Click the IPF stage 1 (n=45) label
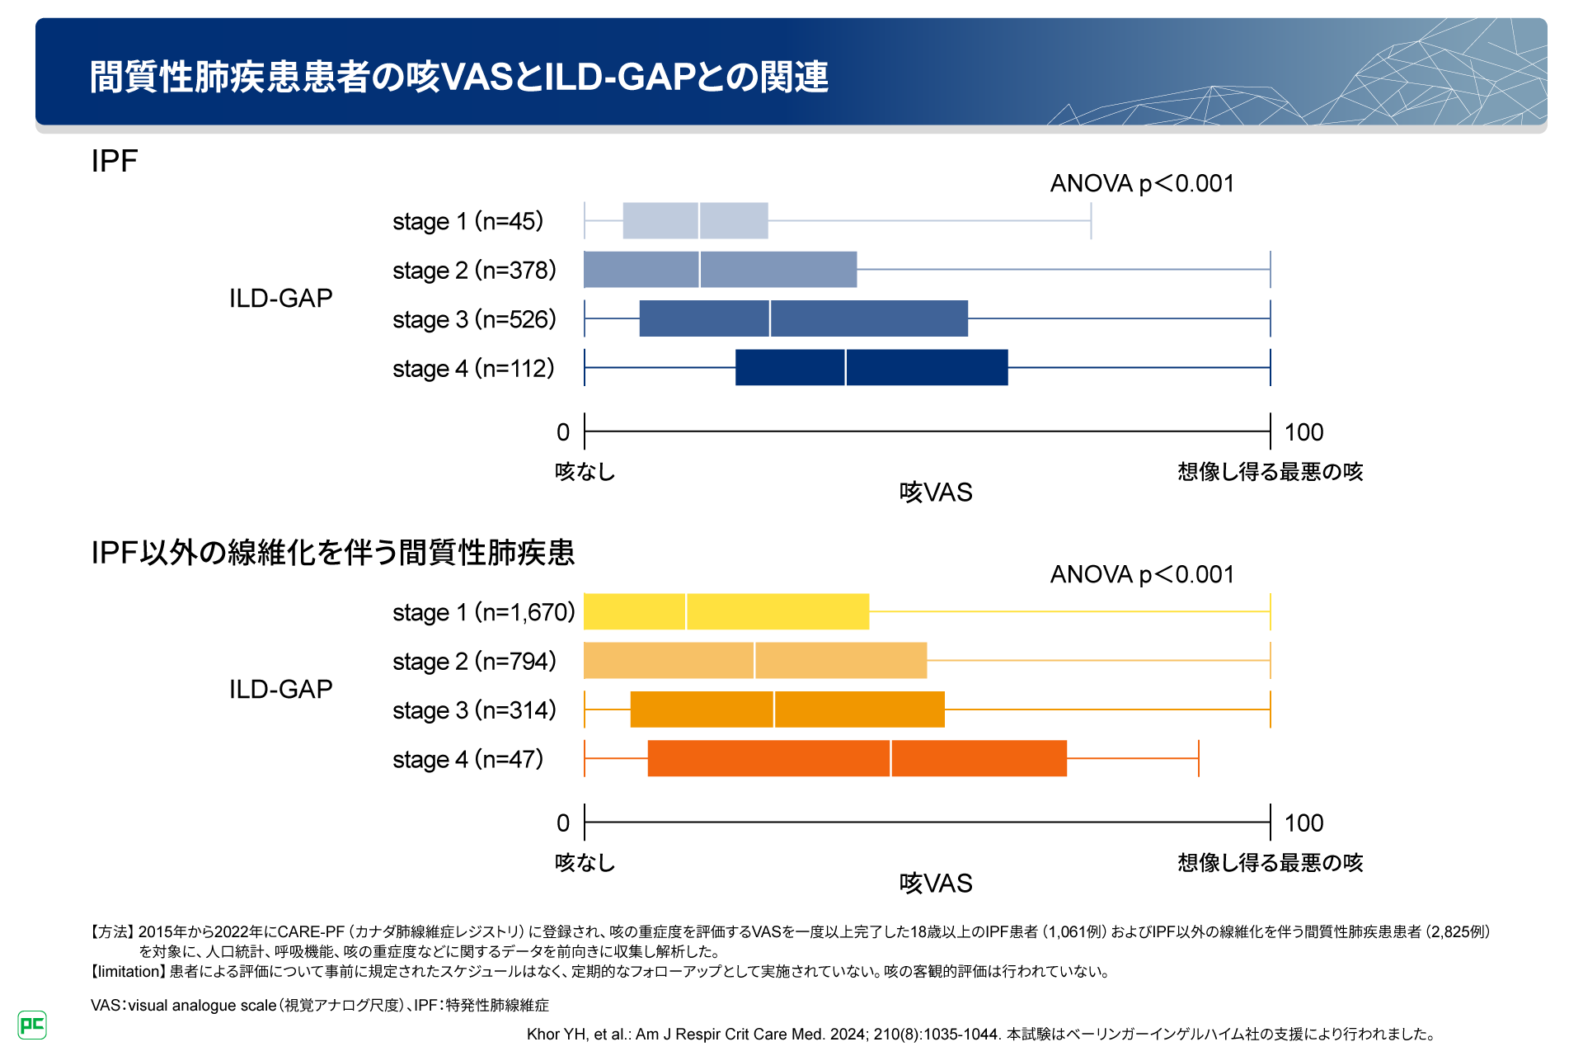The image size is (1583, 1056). click(467, 221)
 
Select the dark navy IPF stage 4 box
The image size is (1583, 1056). click(871, 367)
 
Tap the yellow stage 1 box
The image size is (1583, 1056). click(726, 611)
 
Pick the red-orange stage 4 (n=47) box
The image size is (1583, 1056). click(857, 758)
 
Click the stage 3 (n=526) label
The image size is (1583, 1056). click(474, 319)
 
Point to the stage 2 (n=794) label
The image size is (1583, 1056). click(474, 661)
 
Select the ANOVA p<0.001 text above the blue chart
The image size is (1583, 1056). click(1142, 183)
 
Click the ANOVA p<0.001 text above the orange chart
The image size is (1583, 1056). click(1142, 574)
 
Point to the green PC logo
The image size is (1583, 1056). click(32, 1025)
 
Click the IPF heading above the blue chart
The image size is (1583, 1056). click(115, 161)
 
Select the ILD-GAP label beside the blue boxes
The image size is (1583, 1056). click(280, 298)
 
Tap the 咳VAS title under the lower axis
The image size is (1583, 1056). click(936, 884)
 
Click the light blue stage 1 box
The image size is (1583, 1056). click(695, 220)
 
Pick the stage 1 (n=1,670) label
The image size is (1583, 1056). click(483, 612)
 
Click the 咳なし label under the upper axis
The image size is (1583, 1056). click(585, 472)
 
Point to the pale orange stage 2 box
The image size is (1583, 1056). click(754, 660)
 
